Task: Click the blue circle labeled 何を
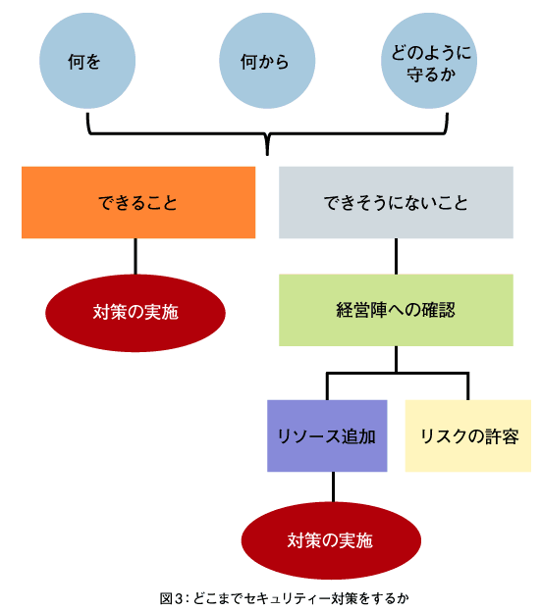87,61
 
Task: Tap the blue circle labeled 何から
267,61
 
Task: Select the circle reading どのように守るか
429,61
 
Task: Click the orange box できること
138,203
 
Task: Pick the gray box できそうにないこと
396,203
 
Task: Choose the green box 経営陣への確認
396,310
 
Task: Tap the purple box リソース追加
327,435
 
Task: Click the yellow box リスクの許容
468,435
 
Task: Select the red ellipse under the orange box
135,313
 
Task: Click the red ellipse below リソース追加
331,540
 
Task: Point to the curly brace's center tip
267,155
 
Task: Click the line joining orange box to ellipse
135,256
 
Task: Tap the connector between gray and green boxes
397,256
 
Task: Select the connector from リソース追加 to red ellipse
333,487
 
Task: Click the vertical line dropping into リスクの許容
468,386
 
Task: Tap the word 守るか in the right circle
431,74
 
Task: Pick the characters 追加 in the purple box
358,436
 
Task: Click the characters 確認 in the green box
438,310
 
